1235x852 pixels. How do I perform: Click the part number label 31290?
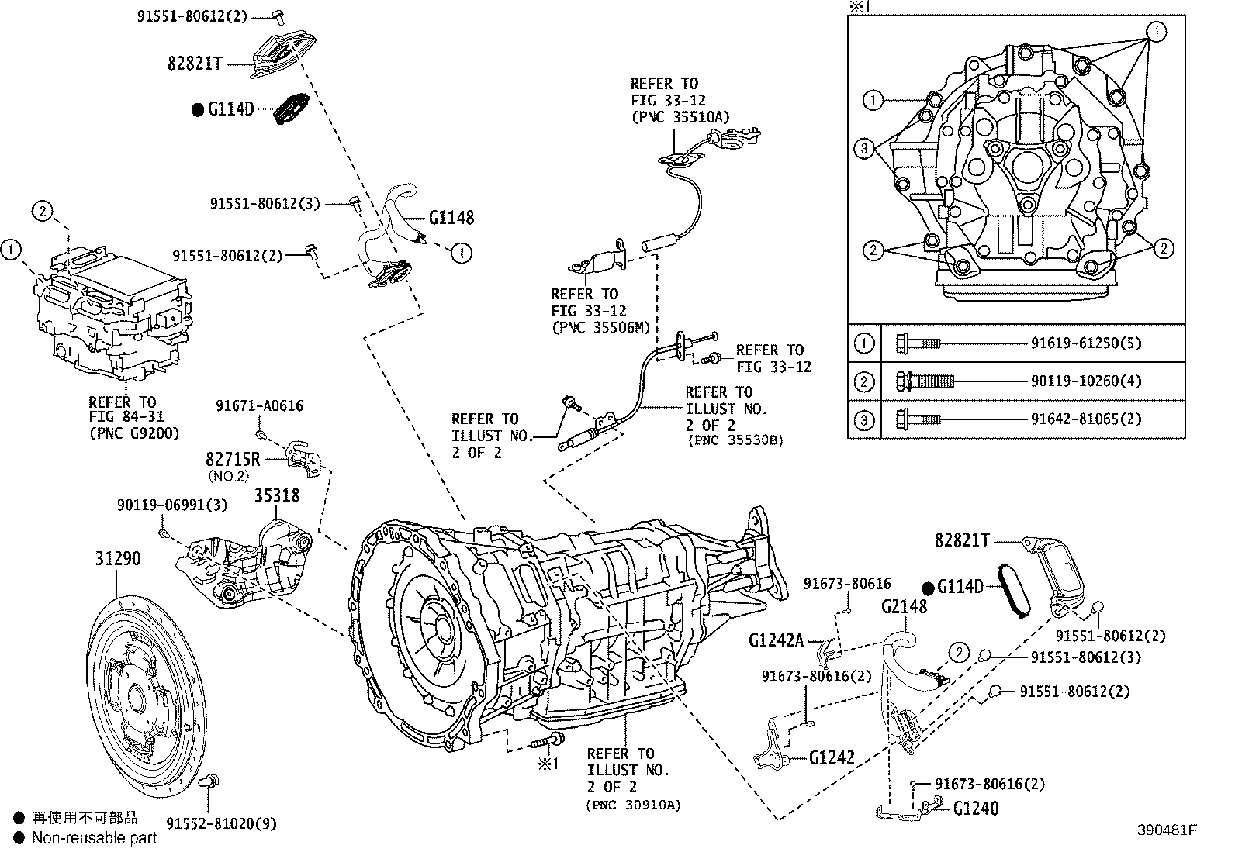coord(118,558)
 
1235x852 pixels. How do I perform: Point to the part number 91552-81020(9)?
coord(221,823)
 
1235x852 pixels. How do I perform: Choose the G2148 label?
coord(903,607)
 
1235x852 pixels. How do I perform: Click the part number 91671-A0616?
coord(259,405)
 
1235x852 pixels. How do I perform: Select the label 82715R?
coord(233,459)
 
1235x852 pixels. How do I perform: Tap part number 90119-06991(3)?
coord(172,505)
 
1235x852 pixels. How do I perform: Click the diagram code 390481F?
coord(1168,830)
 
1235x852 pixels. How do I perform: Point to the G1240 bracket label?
coord(975,809)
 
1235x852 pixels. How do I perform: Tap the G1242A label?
coord(776,640)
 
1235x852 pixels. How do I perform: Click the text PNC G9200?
coord(134,434)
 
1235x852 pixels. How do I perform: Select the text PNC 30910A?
coord(634,805)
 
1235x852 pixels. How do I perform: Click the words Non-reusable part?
coord(94,837)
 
